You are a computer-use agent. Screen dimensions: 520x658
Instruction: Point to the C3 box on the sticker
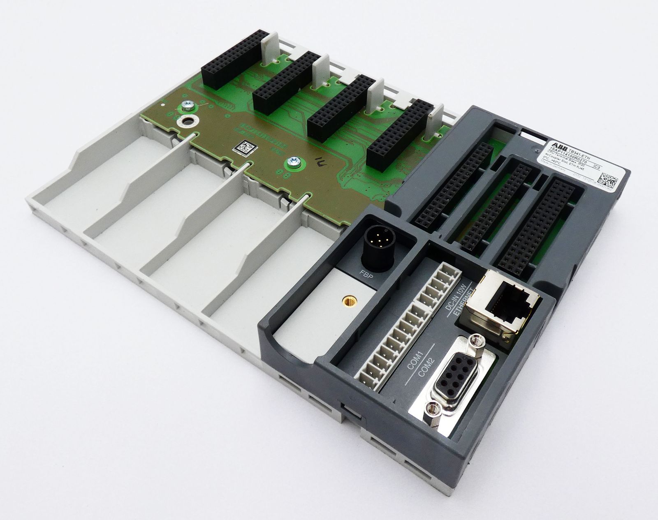pyautogui.click(x=615, y=166)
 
